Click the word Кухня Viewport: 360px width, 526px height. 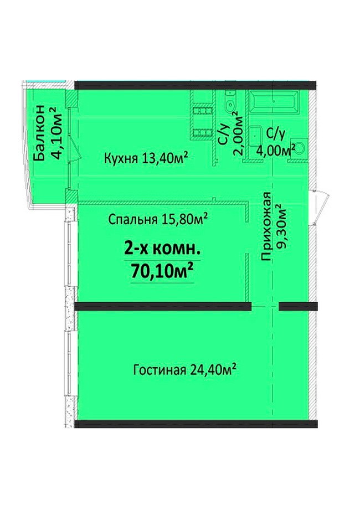pyautogui.click(x=121, y=157)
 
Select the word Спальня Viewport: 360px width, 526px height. pyautogui.click(x=133, y=220)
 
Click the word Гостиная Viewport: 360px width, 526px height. pyautogui.click(x=160, y=370)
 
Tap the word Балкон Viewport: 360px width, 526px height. pyautogui.click(x=39, y=133)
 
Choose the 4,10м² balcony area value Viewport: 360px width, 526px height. pyautogui.click(x=55, y=133)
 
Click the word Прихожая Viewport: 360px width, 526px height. pyautogui.click(x=266, y=226)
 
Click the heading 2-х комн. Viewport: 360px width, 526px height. pyautogui.click(x=162, y=249)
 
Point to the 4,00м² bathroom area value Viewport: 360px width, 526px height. pyautogui.click(x=276, y=149)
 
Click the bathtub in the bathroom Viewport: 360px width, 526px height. pyautogui.click(x=274, y=101)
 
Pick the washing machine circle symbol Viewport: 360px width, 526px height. pyautogui.click(x=299, y=148)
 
